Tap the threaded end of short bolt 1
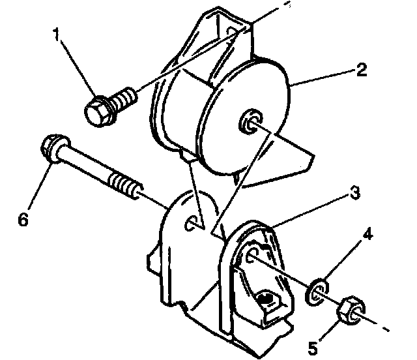(x=126, y=97)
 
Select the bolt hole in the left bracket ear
(x=193, y=223)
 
